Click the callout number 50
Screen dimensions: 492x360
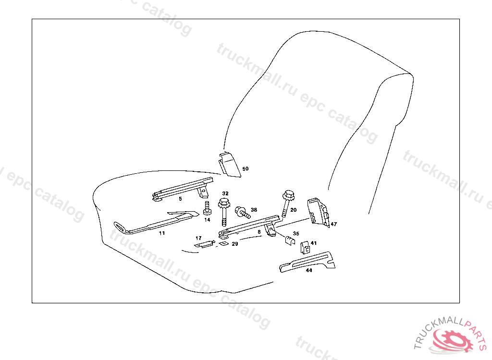pos(246,169)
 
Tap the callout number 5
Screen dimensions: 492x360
pos(180,198)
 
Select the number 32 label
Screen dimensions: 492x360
pos(225,193)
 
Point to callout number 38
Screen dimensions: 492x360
pos(254,210)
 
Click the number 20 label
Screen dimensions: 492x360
pos(294,210)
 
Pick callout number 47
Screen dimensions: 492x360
pos(334,224)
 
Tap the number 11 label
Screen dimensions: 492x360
pos(162,233)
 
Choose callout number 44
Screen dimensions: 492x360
pos(309,271)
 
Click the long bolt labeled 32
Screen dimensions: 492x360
pos(224,211)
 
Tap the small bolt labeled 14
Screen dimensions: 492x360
pos(207,209)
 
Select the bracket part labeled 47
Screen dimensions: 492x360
pos(318,211)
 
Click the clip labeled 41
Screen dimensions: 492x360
pos(305,248)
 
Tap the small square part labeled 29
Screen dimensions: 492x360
pos(222,243)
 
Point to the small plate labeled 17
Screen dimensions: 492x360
pos(204,244)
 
